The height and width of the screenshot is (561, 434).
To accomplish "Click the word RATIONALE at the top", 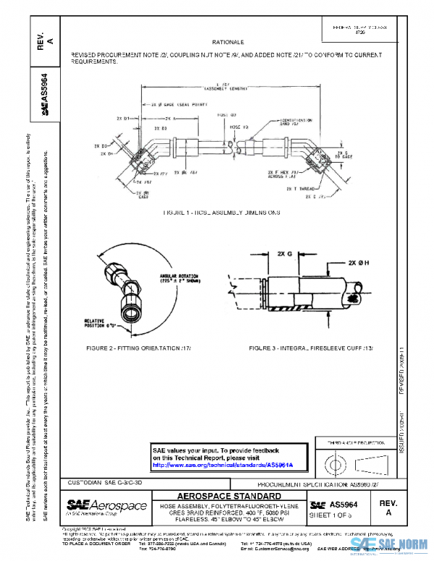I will click(228, 43).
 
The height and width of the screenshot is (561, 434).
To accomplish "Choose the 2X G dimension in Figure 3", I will click(284, 254).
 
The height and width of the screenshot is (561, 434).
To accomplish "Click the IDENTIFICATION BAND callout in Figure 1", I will click(298, 122).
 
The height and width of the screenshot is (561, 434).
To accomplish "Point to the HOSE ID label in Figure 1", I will click(227, 116).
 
